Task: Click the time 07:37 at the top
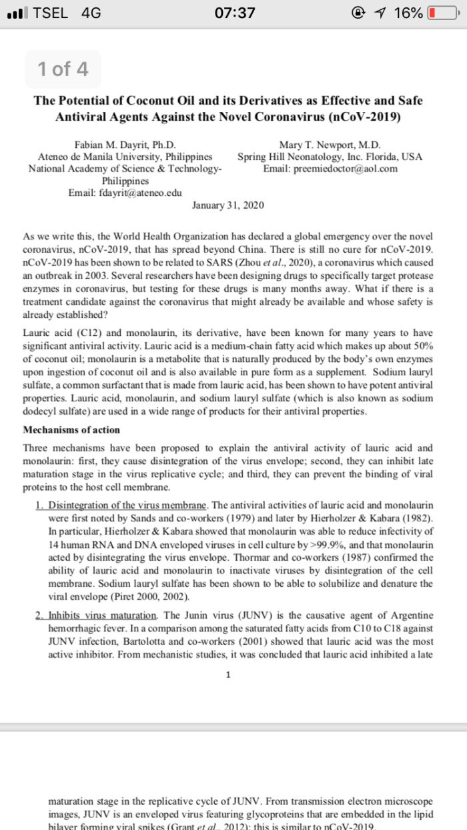tap(233, 13)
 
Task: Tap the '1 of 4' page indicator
tap(63, 69)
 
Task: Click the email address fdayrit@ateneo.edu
tap(125, 193)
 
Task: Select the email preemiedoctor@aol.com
tap(330, 168)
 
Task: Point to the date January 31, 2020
tap(227, 205)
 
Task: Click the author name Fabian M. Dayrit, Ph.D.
tap(125, 143)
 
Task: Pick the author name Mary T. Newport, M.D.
tap(330, 143)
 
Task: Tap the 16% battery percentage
tap(407, 13)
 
